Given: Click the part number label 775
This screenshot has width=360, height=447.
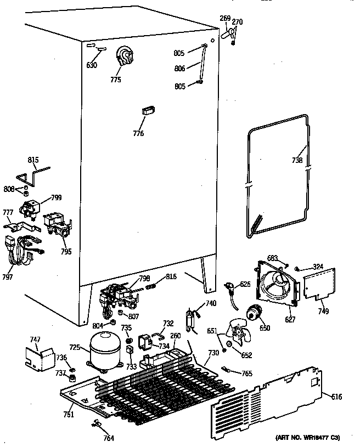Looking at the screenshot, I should (115, 80).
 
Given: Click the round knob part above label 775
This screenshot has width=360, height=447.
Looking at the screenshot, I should (126, 55).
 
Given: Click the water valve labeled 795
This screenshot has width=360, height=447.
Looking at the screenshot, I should (58, 224).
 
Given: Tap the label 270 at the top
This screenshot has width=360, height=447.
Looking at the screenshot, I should (237, 22).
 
